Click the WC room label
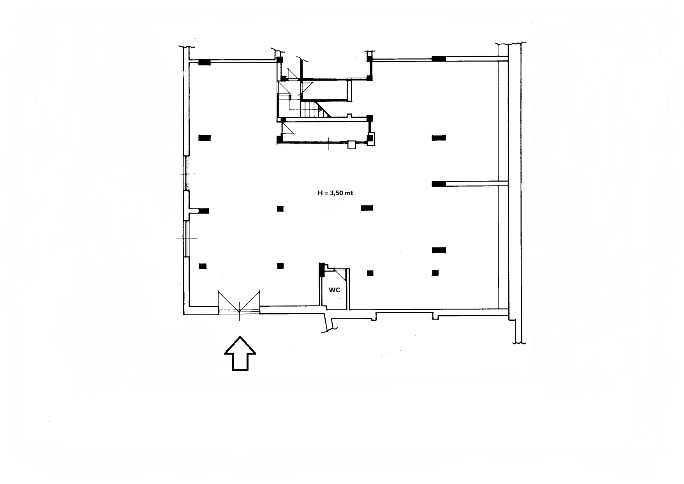(334, 290)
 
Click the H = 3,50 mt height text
(335, 193)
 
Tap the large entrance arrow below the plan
(240, 353)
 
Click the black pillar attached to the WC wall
(322, 270)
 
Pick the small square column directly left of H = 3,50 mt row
(280, 208)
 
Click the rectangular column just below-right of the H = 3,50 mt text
(367, 208)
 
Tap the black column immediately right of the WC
(370, 273)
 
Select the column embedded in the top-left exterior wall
(204, 62)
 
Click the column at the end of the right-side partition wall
(439, 184)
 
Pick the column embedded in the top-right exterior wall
(439, 59)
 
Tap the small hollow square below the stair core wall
(352, 145)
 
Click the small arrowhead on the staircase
(321, 110)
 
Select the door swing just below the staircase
(287, 129)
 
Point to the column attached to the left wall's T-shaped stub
(204, 211)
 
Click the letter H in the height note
(320, 193)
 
